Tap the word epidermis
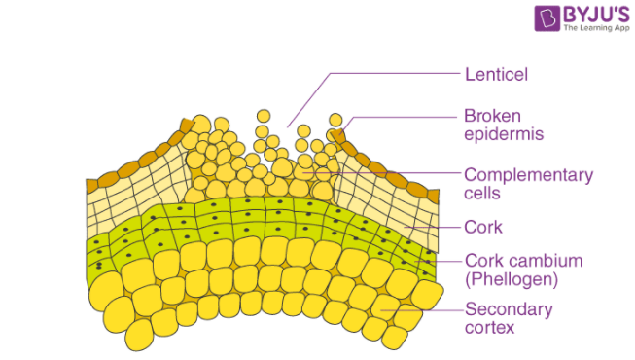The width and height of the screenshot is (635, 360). [503, 132]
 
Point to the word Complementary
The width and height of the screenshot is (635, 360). [528, 176]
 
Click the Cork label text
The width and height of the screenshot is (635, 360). [483, 228]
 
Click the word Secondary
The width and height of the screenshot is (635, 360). [509, 310]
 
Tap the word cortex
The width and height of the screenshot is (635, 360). [488, 329]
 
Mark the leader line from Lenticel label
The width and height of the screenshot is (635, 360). [389, 73]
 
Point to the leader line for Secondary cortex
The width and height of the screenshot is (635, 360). [428, 310]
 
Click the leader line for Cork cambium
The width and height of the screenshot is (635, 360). [438, 261]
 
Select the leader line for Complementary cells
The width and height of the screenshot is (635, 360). [389, 175]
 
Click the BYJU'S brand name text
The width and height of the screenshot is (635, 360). [592, 15]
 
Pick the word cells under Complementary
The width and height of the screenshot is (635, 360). [482, 194]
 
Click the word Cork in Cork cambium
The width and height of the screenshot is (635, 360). [483, 261]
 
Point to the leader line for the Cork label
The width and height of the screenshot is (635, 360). [438, 229]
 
